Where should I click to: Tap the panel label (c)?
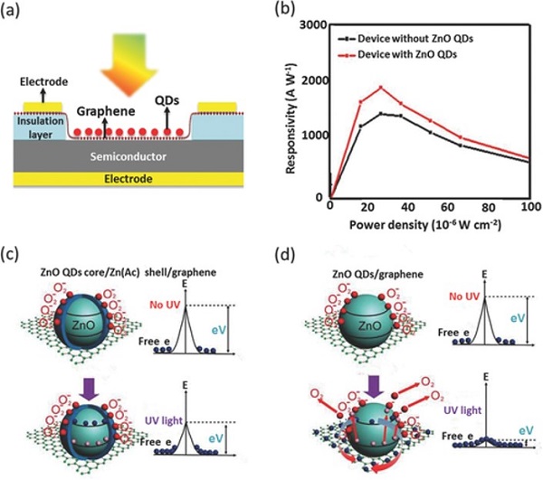click(18, 252)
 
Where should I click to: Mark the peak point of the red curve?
click(381, 88)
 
